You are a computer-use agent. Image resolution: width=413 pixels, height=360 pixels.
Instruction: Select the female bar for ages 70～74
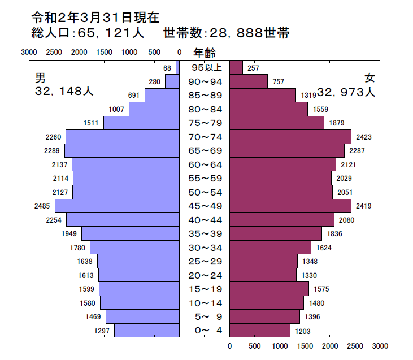point(290,137)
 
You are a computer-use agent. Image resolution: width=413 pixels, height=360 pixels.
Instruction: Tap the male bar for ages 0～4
point(147,330)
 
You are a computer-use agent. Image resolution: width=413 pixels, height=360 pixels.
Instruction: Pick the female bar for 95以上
point(236,68)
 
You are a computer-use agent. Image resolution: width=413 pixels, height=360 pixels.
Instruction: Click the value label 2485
point(42,206)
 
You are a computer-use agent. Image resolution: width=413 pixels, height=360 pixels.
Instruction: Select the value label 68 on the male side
point(167,68)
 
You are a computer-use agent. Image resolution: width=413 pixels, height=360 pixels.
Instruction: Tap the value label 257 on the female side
point(254,68)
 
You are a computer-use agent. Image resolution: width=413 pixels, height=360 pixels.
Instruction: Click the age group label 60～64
point(205,164)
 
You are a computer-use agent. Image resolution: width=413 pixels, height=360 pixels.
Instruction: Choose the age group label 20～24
point(205,275)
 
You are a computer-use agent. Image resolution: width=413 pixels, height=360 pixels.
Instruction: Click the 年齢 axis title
point(205,53)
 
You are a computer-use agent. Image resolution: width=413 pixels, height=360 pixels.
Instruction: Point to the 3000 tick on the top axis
point(29,52)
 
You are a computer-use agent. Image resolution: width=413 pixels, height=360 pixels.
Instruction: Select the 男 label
point(40,77)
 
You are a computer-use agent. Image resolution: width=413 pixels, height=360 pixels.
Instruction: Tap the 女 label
point(370,77)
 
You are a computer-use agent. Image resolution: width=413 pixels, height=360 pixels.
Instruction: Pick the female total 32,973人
point(346,92)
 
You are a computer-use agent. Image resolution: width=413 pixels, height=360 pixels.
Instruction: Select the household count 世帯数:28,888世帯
point(226,33)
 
